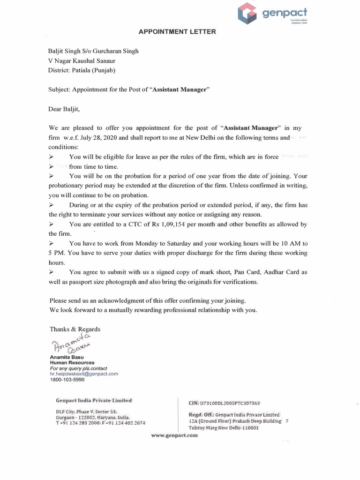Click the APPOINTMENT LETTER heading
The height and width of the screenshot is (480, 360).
[x=178, y=32]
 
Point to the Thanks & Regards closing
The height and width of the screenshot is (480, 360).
[x=75, y=329]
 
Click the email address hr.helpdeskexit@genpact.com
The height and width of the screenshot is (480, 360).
[x=84, y=374]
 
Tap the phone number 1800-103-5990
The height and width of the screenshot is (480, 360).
[x=67, y=380]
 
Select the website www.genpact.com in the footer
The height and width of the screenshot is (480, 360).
[x=174, y=435]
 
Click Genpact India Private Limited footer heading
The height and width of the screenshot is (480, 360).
[x=94, y=400]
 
